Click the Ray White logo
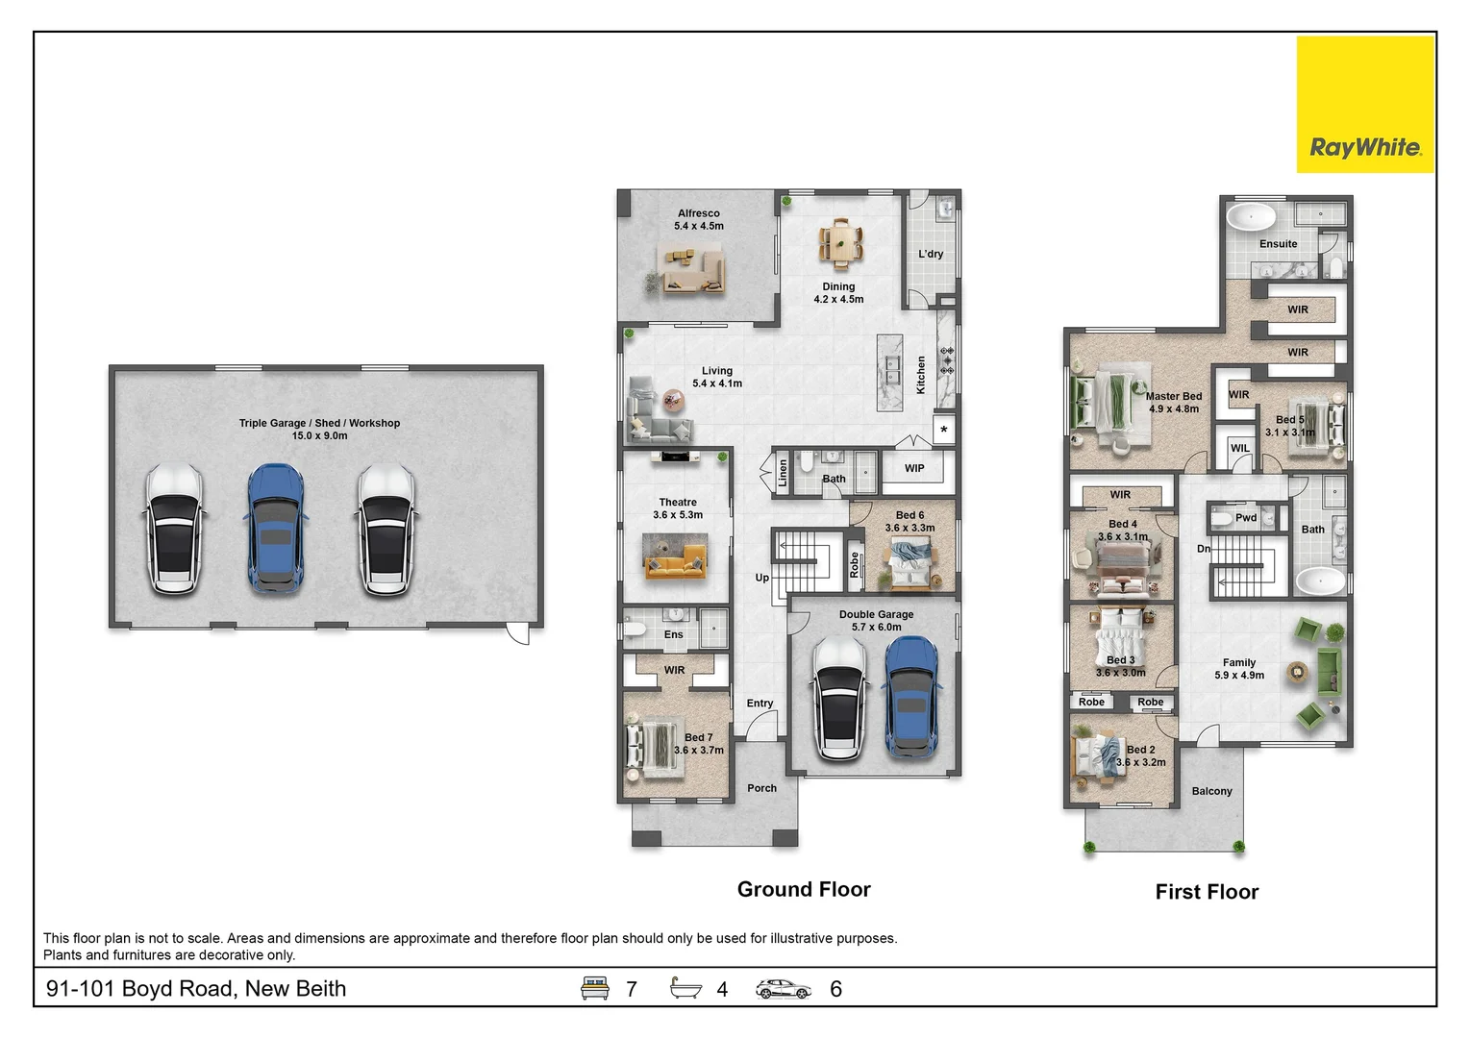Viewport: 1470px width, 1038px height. coord(1365,105)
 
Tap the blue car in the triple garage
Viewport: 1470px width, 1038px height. coord(276,529)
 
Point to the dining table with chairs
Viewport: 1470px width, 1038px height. coord(840,243)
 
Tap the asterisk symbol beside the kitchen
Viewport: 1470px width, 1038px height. coord(944,430)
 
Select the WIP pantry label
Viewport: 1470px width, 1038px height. coord(914,468)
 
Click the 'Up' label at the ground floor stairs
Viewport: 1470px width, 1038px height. coord(761,578)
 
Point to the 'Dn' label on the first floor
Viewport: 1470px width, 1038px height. coord(1204,549)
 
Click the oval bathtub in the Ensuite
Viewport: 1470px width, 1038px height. coord(1251,216)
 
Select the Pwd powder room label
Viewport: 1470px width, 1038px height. coord(1246,518)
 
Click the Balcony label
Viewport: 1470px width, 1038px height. coord(1211,791)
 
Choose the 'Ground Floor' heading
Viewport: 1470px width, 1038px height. coord(804,889)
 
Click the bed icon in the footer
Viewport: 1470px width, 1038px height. coord(594,988)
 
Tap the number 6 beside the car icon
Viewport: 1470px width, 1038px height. coord(835,989)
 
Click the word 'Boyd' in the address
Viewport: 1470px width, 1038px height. coord(148,989)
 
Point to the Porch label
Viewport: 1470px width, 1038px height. coord(761,788)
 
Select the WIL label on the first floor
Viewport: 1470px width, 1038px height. coord(1239,448)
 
